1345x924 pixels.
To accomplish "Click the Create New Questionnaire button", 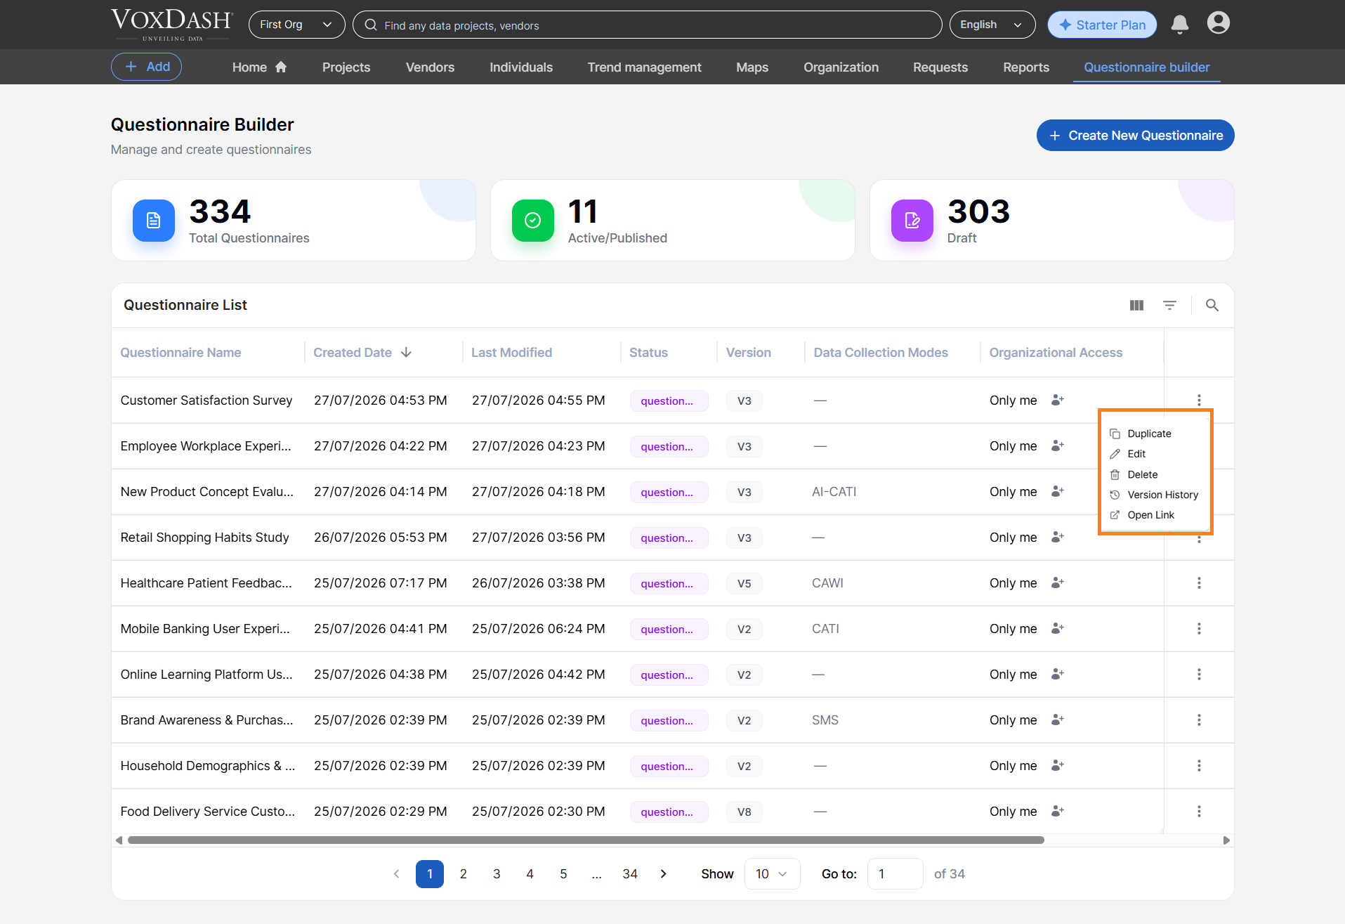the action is pos(1135,136).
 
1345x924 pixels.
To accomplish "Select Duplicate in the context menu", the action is pos(1149,434).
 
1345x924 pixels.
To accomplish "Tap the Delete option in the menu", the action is pos(1142,474).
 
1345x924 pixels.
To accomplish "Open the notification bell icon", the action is pos(1180,25).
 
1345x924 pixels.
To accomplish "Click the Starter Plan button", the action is pos(1102,25).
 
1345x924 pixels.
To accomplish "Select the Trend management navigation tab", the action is pos(644,67).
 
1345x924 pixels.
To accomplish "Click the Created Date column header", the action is pos(353,353).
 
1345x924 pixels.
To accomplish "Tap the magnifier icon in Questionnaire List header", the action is pos(1212,305).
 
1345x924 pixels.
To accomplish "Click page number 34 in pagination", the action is pos(630,874).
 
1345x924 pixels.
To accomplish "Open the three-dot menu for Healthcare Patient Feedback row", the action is pos(1199,583).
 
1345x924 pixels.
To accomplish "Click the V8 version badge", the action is pos(744,812).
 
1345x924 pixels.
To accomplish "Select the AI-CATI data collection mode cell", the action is pos(834,492).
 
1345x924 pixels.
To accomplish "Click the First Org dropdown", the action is pos(296,25).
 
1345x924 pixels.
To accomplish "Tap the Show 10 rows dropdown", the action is pos(772,874).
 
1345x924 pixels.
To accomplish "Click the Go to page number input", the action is pos(895,874).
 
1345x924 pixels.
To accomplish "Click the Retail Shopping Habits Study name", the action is pos(204,538).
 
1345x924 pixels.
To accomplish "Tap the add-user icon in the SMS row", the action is pos(1058,720).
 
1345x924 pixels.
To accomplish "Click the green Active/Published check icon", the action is pos(533,221).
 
